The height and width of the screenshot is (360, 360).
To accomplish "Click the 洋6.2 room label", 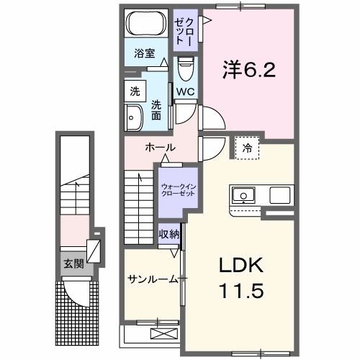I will click(x=248, y=71).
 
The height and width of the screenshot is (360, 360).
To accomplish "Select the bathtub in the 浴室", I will click(x=147, y=24).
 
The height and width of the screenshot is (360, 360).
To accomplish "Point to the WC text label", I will click(x=184, y=92).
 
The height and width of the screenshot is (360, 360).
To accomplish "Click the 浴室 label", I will click(x=145, y=53).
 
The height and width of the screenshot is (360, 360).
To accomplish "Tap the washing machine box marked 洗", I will click(x=135, y=91).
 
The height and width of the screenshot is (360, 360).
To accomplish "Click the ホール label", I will click(x=160, y=147).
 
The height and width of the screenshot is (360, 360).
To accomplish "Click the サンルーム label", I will click(x=152, y=279).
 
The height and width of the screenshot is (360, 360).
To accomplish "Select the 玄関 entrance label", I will click(x=72, y=264).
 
